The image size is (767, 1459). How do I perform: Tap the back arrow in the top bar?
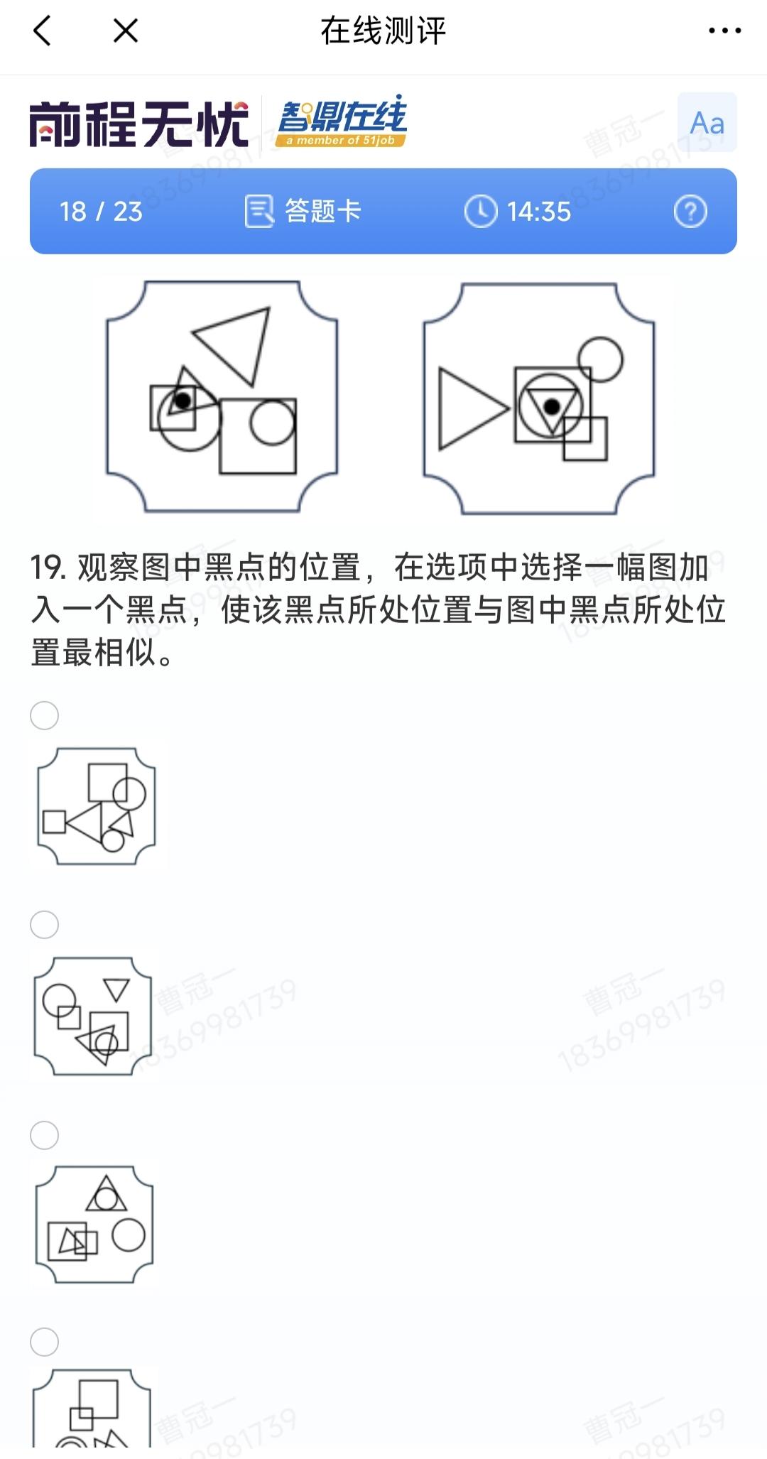coord(42,31)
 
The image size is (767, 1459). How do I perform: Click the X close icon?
coord(126,31)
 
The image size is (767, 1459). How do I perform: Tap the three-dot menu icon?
coord(725,31)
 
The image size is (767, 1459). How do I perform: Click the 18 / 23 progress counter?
coord(101,212)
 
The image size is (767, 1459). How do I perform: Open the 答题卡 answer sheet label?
coord(323,211)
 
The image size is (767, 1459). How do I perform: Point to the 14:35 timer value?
coord(539,212)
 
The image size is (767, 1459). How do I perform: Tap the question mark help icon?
coord(690,212)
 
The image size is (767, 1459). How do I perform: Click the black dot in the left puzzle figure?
coord(183,401)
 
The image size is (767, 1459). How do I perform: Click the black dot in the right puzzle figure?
coord(551,406)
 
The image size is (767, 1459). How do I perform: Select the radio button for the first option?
coord(44,715)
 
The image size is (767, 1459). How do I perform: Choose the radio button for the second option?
coord(44,925)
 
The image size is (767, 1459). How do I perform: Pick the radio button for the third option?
coord(44,1135)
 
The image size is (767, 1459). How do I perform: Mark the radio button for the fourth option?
coord(44,1342)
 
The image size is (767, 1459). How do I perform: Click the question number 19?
coord(48,568)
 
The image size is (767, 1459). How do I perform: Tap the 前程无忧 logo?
coord(139,124)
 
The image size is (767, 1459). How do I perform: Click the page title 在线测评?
coord(383,31)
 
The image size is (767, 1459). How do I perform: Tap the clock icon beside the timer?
coord(481,212)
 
